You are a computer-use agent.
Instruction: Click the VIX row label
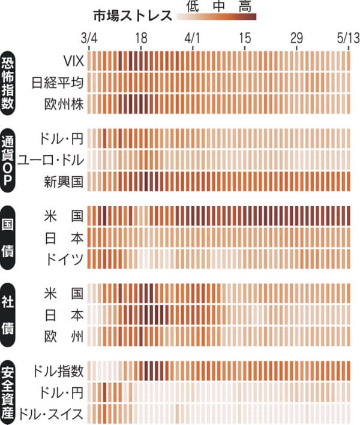(73, 61)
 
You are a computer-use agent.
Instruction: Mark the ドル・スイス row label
(51, 412)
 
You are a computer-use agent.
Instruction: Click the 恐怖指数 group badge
(10, 82)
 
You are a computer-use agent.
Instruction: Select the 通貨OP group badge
(10, 159)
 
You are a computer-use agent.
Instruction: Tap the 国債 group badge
(10, 237)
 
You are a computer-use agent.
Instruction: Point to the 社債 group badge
(10, 314)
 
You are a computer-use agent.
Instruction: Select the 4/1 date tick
(193, 38)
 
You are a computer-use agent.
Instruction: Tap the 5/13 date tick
(347, 38)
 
